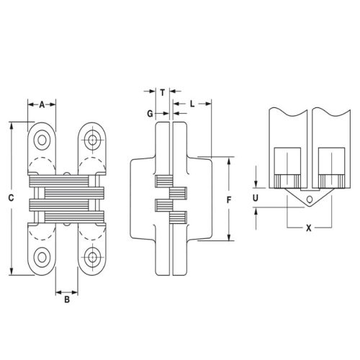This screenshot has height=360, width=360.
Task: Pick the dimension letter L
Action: point(193,104)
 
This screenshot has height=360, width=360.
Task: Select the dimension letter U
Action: point(256,196)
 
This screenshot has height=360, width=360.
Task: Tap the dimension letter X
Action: point(308,228)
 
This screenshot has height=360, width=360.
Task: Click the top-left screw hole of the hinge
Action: point(42,138)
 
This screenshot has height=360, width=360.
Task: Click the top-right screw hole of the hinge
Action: point(93,138)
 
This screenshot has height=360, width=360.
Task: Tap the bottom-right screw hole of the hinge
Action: point(93,256)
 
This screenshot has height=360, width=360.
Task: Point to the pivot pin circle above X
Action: point(309,199)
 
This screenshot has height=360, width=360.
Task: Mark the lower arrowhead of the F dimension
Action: point(229,238)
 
